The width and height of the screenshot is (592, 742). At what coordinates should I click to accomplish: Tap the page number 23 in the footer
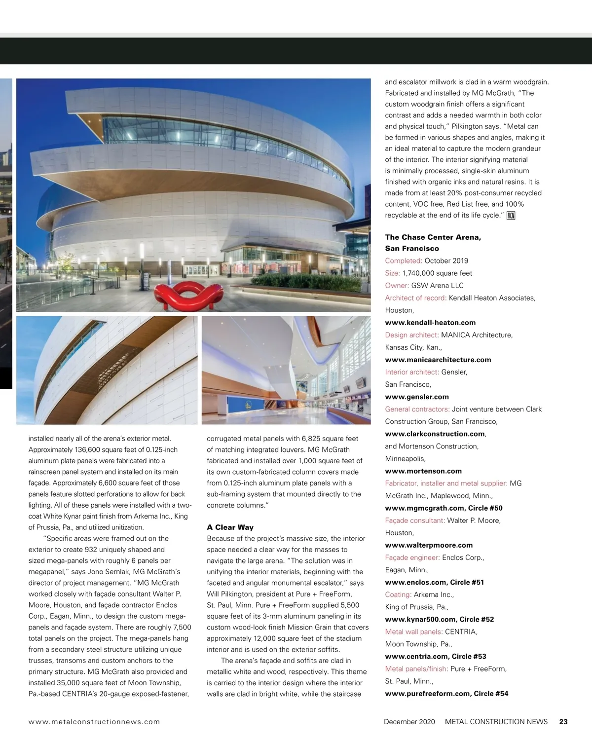pos(563,721)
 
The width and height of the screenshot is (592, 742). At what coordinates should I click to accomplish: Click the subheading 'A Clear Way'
pos(230,527)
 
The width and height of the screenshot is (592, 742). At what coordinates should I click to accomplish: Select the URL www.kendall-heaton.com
pos(430,323)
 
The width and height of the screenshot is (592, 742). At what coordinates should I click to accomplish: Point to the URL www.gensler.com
pos(417,397)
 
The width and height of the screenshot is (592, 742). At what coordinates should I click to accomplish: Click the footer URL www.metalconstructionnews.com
pos(94,721)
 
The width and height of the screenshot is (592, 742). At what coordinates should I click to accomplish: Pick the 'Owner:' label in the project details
pos(397,285)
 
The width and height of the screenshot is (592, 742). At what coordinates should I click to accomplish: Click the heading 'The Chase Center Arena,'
pos(433,237)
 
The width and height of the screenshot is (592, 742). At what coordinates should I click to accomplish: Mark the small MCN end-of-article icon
pos(511,216)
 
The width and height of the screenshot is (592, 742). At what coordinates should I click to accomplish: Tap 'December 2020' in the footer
pos(409,721)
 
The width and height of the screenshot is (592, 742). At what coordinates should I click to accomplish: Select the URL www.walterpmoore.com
pos(429,545)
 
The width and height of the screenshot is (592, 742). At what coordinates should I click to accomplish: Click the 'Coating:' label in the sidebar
pos(398,594)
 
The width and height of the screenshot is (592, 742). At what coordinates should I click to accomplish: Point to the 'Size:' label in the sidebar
pos(393,273)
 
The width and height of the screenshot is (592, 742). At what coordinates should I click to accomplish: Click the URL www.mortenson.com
pos(423,471)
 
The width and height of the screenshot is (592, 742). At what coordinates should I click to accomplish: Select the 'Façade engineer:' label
pos(412,557)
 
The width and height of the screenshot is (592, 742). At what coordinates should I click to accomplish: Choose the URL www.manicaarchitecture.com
pos(438,360)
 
